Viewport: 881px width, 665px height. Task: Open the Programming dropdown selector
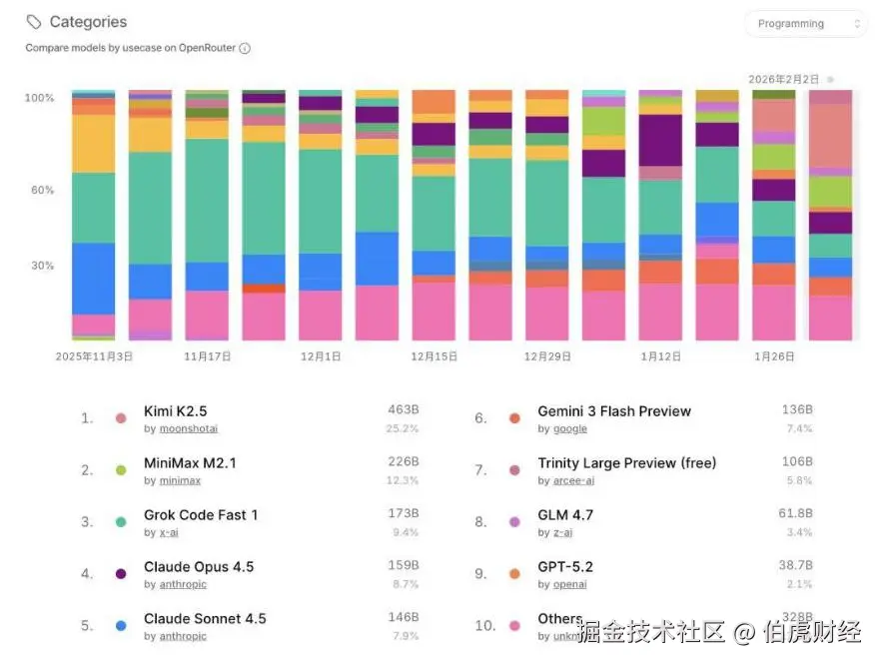(805, 24)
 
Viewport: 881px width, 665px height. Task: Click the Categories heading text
(88, 21)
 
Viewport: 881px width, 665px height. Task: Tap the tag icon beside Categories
(35, 21)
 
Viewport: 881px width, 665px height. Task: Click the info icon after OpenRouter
(245, 48)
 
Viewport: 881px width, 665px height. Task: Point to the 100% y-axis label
(40, 98)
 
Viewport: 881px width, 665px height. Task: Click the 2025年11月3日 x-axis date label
(94, 355)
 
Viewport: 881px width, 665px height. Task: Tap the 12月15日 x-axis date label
(435, 355)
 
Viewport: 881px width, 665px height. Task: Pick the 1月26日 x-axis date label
(776, 355)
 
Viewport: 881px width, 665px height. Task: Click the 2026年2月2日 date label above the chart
(784, 79)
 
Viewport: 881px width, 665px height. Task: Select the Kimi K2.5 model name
(176, 411)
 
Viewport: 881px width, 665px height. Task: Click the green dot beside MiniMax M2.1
(121, 469)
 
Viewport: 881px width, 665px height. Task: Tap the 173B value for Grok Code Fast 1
(404, 513)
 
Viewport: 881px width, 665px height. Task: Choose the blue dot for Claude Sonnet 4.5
(121, 625)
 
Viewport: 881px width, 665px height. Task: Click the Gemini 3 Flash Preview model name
(614, 411)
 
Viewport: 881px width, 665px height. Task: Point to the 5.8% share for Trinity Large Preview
(798, 480)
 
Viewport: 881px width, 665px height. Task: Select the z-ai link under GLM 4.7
(562, 532)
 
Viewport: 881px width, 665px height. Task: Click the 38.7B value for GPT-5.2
(796, 565)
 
